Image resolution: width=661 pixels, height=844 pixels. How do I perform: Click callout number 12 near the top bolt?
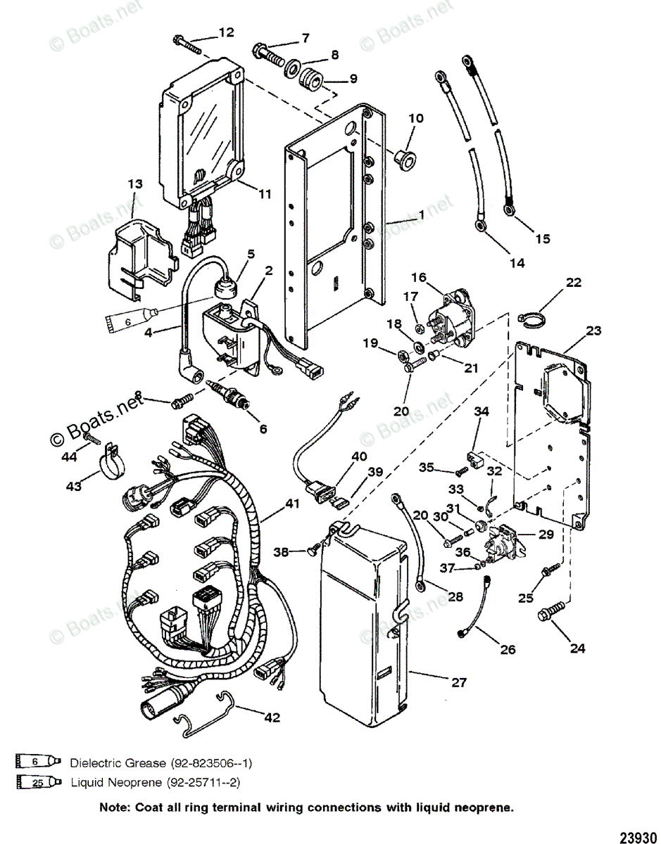(226, 32)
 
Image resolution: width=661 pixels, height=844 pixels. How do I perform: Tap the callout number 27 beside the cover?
(458, 682)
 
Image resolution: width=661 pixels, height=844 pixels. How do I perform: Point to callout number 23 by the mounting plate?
(593, 331)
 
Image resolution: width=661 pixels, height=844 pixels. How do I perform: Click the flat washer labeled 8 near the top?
(290, 68)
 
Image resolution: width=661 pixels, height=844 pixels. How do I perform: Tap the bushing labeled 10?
(404, 158)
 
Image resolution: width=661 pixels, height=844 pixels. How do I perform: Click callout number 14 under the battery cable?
(517, 263)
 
